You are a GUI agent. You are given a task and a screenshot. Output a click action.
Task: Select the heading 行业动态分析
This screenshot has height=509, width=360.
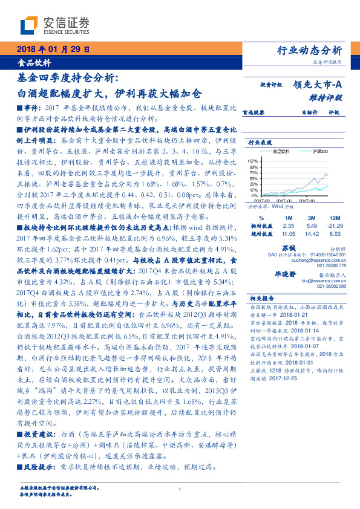click(312, 50)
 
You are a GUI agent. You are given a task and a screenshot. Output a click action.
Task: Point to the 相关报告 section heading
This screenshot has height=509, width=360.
click(261, 298)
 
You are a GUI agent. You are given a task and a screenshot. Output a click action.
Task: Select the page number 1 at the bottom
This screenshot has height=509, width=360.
click(180, 490)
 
